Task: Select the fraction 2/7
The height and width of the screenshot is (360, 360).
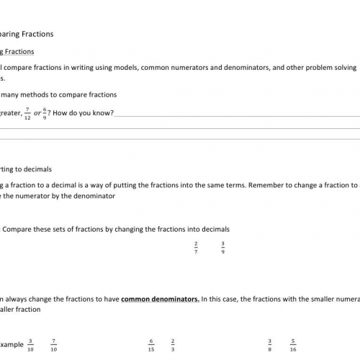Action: click(195, 247)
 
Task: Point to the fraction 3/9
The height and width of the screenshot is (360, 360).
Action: click(223, 247)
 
